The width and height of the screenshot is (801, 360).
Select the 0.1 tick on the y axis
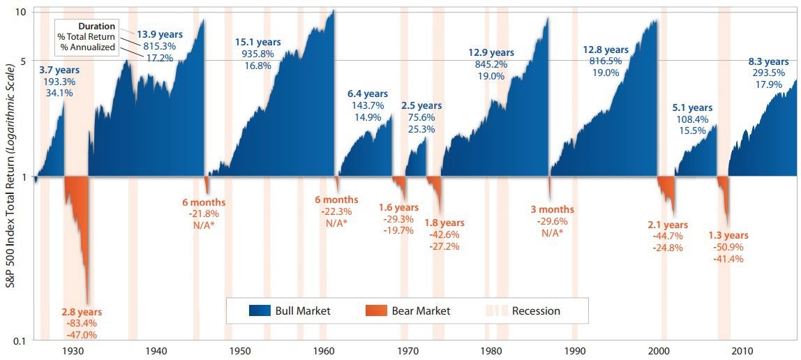pos(20,340)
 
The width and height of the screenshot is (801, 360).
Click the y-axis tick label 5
pos(23,61)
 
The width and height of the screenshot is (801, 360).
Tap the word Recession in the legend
pos(536,310)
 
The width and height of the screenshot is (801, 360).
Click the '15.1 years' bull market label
pos(257,41)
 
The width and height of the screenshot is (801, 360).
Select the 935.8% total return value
pos(257,54)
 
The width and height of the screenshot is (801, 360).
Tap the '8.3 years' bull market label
pos(768,61)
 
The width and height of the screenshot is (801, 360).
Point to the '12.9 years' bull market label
pos(491,52)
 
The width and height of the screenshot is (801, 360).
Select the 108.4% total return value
pos(692,119)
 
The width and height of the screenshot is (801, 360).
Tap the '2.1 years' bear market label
pos(668,225)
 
